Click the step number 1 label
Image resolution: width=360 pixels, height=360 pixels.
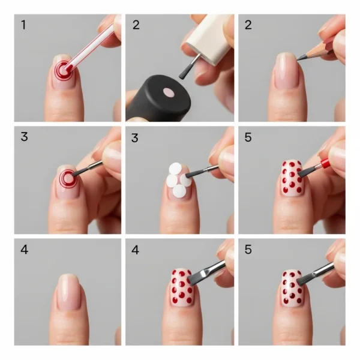coord(23,25)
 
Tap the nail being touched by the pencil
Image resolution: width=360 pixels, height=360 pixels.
coord(287,72)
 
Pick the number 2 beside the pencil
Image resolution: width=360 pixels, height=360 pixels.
coord(248,25)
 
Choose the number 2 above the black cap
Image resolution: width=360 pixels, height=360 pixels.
coord(136,25)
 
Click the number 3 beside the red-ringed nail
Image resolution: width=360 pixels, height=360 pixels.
coord(24,137)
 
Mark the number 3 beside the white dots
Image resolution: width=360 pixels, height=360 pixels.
coord(136,137)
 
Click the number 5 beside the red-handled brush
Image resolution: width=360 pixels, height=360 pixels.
coord(248,137)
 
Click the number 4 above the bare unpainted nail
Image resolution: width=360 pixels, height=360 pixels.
coord(24,248)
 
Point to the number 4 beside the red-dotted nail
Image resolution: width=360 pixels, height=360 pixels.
coord(136,248)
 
